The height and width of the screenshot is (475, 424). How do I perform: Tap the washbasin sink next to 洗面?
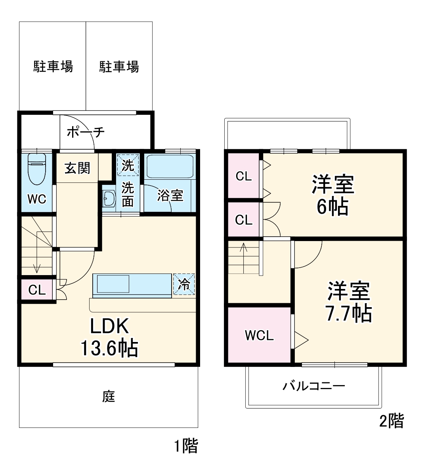pos(108,198)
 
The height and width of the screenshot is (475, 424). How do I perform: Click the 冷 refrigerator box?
pos(184,284)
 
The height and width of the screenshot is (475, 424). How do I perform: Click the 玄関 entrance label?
pos(77,168)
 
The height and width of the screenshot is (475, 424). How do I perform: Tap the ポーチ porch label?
pos(86,132)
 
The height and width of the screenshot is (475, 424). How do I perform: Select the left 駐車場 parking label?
pos(53,66)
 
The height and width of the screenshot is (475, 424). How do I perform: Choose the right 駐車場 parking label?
pos(119,66)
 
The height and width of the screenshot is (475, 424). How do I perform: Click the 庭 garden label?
pos(109,396)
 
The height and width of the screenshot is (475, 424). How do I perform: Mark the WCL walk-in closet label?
pos(259,336)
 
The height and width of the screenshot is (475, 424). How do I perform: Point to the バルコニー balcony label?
pos(313,386)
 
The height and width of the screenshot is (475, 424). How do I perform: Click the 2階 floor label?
pos(392,420)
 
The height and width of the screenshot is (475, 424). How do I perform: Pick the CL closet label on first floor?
pos(37,291)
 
